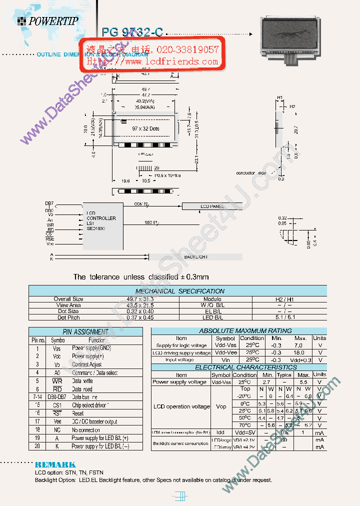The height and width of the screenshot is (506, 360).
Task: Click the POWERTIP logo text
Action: [53, 21]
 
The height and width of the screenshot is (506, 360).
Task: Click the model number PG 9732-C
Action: [132, 32]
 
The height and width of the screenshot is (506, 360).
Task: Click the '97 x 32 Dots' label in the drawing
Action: [146, 128]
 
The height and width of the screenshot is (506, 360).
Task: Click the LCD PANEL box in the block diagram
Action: [211, 206]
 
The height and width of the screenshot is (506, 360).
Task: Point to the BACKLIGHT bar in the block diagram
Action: [196, 256]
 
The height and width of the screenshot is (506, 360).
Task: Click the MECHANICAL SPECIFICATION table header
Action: [179, 291]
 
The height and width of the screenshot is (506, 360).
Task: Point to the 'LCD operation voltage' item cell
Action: [180, 406]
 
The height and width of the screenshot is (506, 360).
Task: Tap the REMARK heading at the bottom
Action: [55, 464]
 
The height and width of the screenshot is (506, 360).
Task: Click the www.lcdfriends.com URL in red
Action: [153, 61]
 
